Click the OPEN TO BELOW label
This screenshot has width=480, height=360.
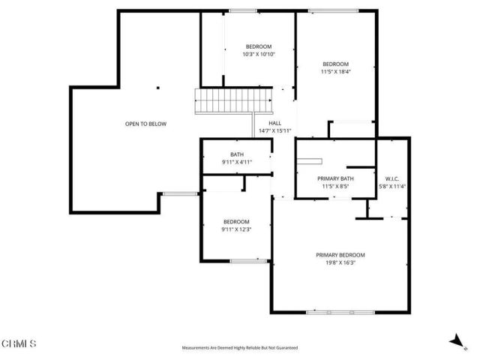[x=145, y=124]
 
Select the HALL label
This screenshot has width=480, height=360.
[x=274, y=123]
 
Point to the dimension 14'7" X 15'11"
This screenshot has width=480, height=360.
[x=274, y=130]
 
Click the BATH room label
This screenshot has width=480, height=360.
[x=236, y=154]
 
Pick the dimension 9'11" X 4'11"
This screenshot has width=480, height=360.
[x=236, y=162]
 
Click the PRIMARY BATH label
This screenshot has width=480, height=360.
[x=335, y=178]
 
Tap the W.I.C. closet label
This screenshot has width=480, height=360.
[x=391, y=178]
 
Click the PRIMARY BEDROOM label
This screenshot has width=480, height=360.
[x=340, y=255]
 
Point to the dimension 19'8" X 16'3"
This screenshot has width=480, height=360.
[x=340, y=262]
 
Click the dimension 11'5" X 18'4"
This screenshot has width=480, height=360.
[x=335, y=71]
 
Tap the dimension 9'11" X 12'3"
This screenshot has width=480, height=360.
[x=236, y=229]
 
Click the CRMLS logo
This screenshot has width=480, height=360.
[x=19, y=343]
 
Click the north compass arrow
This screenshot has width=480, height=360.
[x=454, y=341]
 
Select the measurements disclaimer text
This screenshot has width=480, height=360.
[x=240, y=348]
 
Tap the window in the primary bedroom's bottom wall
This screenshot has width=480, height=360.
[x=340, y=311]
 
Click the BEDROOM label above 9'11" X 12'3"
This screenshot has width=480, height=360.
[x=236, y=221]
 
